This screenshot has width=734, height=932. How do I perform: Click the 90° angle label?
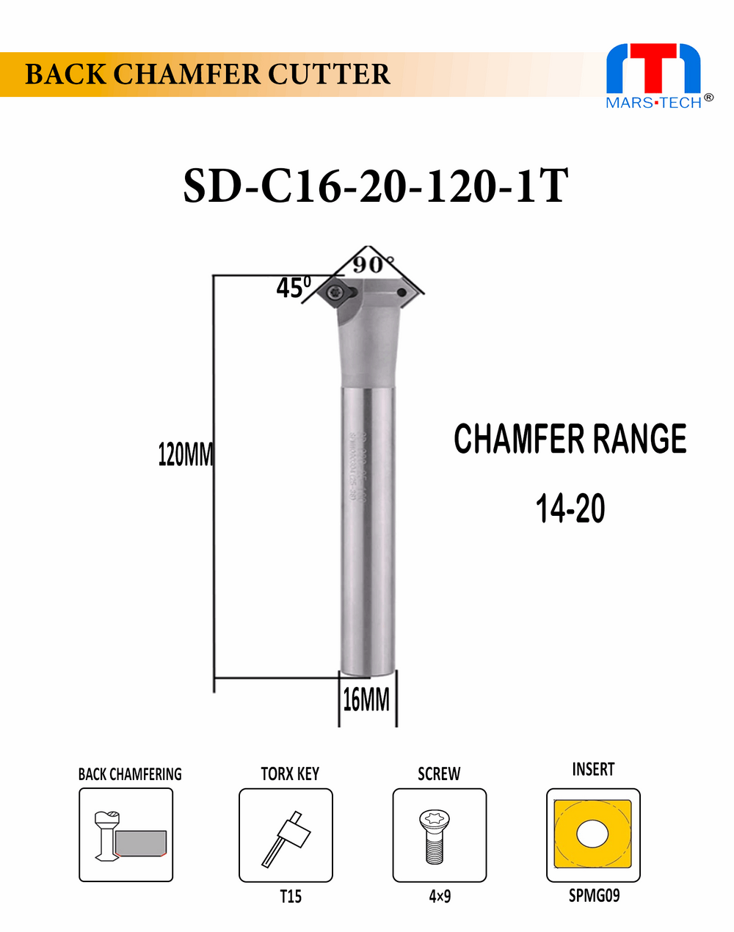(373, 263)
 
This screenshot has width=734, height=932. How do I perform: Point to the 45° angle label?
(293, 287)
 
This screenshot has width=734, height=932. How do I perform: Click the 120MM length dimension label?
(185, 455)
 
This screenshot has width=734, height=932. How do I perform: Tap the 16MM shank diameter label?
(366, 700)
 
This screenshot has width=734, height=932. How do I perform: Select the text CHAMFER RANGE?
(570, 439)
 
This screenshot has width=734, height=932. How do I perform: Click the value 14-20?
(570, 509)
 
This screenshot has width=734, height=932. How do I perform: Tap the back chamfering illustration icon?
(126, 835)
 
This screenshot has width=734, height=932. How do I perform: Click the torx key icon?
(286, 835)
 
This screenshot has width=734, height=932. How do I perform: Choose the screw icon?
(439, 835)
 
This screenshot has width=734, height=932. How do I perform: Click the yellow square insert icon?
(593, 835)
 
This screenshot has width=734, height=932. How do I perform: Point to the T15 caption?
(290, 896)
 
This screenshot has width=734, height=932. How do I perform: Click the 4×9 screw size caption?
(440, 896)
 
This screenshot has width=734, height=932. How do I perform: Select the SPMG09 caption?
(594, 896)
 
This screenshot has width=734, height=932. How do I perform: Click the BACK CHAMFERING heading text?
(130, 774)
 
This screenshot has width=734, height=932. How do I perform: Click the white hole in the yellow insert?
(593, 834)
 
